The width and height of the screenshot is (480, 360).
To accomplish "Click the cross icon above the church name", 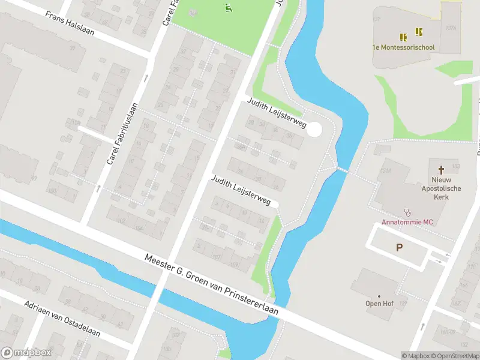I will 441,169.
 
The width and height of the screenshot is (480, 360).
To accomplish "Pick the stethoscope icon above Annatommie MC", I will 408,212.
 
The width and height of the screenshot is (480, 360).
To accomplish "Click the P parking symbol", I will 398,247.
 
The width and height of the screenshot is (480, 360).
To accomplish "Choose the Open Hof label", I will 379,304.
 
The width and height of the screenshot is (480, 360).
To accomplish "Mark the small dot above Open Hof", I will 379,296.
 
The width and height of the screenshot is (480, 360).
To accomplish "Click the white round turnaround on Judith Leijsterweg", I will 314,130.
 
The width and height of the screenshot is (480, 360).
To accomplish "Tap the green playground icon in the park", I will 228,8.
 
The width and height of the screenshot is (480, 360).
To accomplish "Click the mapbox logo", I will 26,353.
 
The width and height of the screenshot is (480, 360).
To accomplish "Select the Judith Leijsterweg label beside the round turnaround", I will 277,114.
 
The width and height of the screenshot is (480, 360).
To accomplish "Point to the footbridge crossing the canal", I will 341,170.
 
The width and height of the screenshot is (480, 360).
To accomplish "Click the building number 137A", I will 452,27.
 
